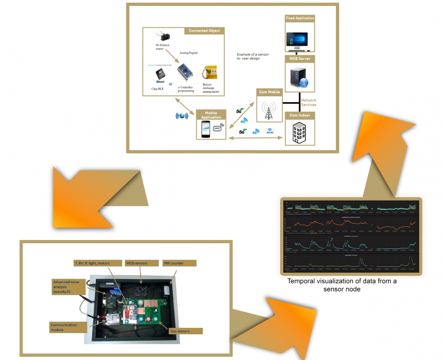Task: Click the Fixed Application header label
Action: click(x=300, y=18)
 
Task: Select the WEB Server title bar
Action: click(x=300, y=58)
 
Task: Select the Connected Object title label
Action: click(x=204, y=31)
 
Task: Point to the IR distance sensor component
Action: click(x=163, y=37)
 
